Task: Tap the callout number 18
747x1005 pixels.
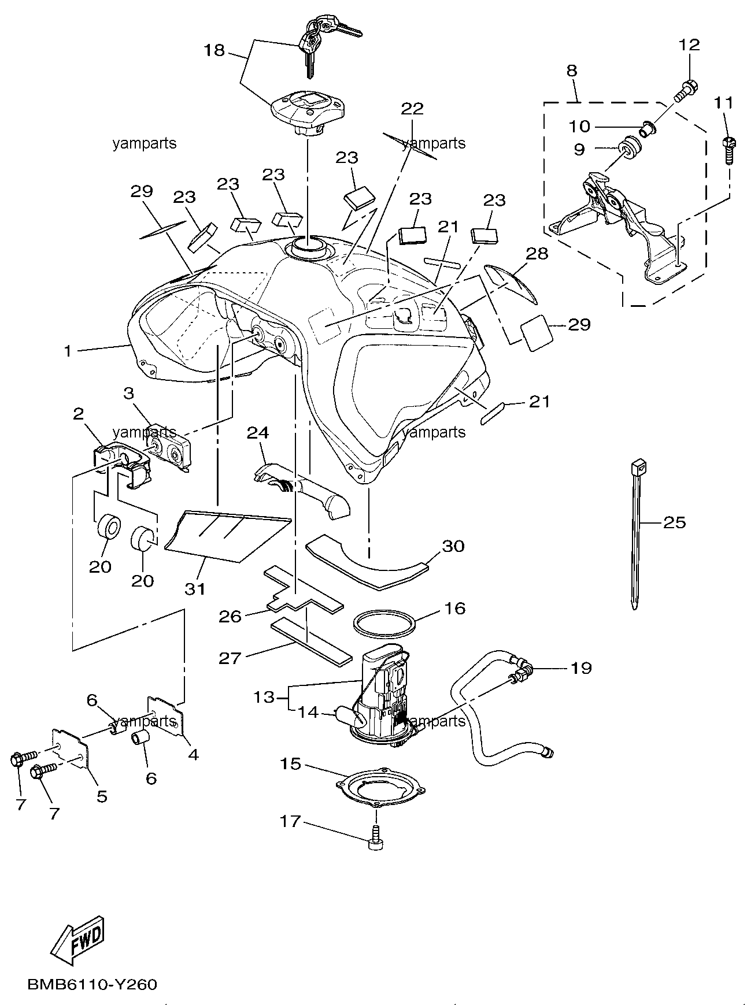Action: click(x=214, y=50)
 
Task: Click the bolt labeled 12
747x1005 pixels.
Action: click(x=685, y=91)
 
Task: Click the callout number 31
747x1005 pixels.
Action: click(x=195, y=589)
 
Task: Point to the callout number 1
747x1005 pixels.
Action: click(x=68, y=350)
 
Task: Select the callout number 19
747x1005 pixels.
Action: click(x=581, y=668)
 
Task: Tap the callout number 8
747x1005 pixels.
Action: click(x=571, y=71)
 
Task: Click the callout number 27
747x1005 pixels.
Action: click(x=230, y=658)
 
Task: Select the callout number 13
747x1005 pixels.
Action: click(x=264, y=697)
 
